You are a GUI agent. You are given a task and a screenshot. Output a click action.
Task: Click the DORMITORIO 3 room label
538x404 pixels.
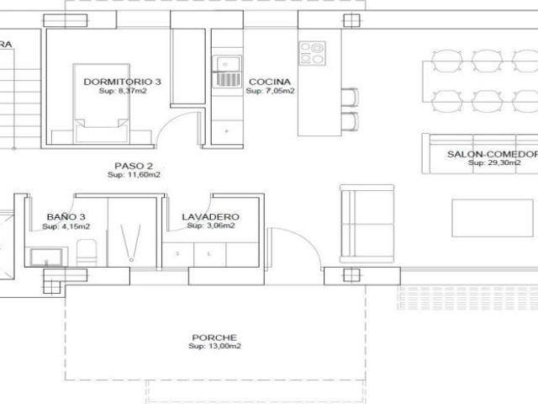(x=123, y=82)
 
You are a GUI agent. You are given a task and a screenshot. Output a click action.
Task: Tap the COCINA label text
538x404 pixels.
(x=270, y=82)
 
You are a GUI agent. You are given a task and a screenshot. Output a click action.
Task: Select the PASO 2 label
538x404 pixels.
(x=134, y=166)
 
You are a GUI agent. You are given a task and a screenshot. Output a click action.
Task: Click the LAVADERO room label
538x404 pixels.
(x=210, y=216)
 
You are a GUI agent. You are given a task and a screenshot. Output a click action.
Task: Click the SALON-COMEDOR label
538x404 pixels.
(x=492, y=154)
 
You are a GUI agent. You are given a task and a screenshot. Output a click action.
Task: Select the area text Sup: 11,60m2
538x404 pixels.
(x=134, y=175)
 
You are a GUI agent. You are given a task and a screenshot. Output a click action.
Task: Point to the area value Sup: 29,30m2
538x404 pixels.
(x=492, y=163)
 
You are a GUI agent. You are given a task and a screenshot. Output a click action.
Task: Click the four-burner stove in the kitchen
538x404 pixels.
(x=313, y=54)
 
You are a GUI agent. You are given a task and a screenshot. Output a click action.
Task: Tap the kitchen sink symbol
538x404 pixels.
(x=227, y=69)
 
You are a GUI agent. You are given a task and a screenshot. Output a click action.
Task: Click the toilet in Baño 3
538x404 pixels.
(x=85, y=251)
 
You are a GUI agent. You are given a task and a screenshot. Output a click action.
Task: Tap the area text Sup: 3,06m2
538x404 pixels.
(x=210, y=226)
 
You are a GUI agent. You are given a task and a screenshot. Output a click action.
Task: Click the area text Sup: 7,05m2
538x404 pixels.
(x=270, y=91)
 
